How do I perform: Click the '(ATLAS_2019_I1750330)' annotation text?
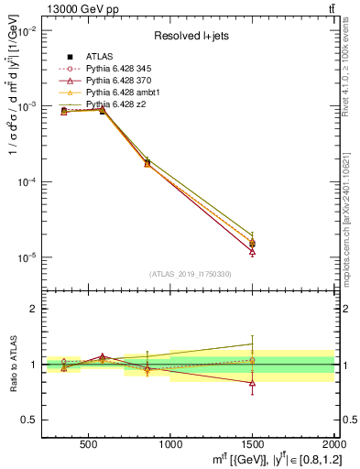(x=190, y=274)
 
